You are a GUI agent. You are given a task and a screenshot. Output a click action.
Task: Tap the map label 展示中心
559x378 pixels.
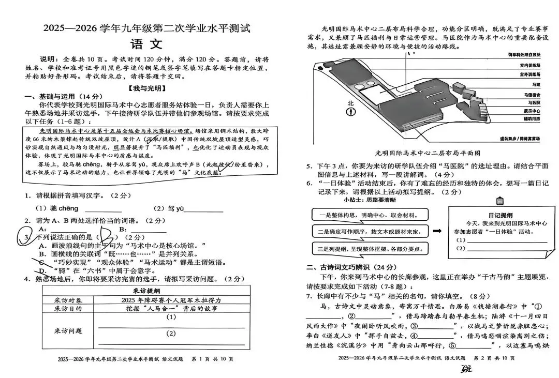pos(532,111)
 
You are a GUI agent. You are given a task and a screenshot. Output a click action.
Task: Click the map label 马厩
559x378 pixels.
pos(536,84)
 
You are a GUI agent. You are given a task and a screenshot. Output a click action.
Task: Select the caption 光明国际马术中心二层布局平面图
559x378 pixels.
pos(428,153)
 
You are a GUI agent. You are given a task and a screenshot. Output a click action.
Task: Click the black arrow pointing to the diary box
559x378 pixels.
pos(437,231)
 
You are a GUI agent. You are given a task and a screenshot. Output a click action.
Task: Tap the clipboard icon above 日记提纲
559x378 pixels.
pos(500,201)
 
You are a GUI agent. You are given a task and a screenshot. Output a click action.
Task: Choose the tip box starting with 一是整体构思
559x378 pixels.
pos(369,215)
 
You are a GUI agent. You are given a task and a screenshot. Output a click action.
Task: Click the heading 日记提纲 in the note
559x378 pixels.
pos(500,215)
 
